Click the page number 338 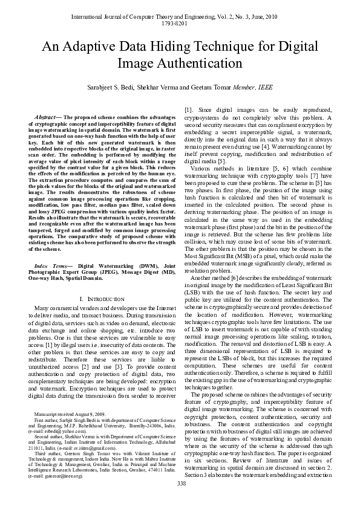(x=180, y=500)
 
